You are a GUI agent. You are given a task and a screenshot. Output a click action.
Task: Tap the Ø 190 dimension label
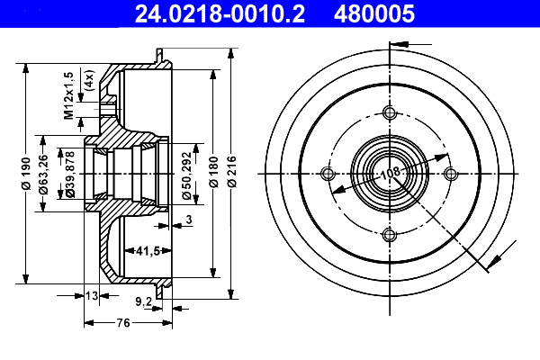coord(26,169)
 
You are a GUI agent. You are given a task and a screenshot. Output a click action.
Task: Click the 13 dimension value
coord(92,294)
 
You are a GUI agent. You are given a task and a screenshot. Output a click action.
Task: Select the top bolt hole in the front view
coord(389,112)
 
